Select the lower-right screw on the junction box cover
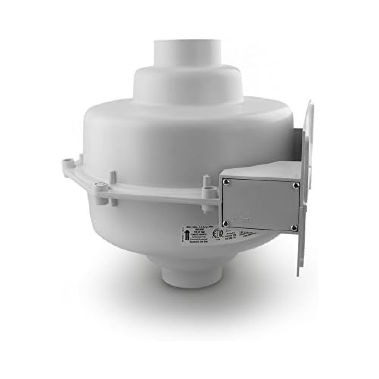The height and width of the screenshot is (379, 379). [294, 227]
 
